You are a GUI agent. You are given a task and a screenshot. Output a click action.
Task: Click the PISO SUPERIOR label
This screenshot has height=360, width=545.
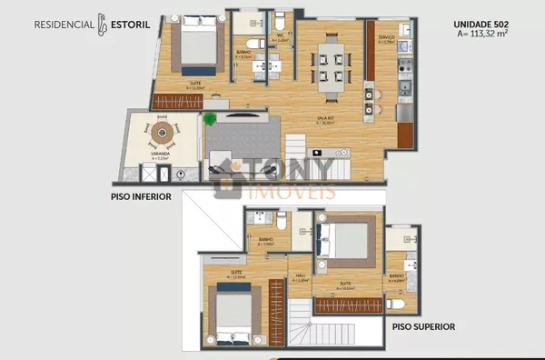tap(423, 326)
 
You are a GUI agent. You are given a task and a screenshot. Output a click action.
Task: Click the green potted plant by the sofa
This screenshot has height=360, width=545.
tap(210, 118)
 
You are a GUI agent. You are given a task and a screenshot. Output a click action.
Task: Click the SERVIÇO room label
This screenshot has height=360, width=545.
tap(386, 36)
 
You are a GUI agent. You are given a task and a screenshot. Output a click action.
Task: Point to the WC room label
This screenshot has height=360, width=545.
tap(281, 37)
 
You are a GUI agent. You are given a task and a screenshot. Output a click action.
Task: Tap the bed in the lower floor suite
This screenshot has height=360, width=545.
tap(198, 45)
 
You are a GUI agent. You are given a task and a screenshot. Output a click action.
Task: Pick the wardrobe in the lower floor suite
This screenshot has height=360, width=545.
tap(178, 102)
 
